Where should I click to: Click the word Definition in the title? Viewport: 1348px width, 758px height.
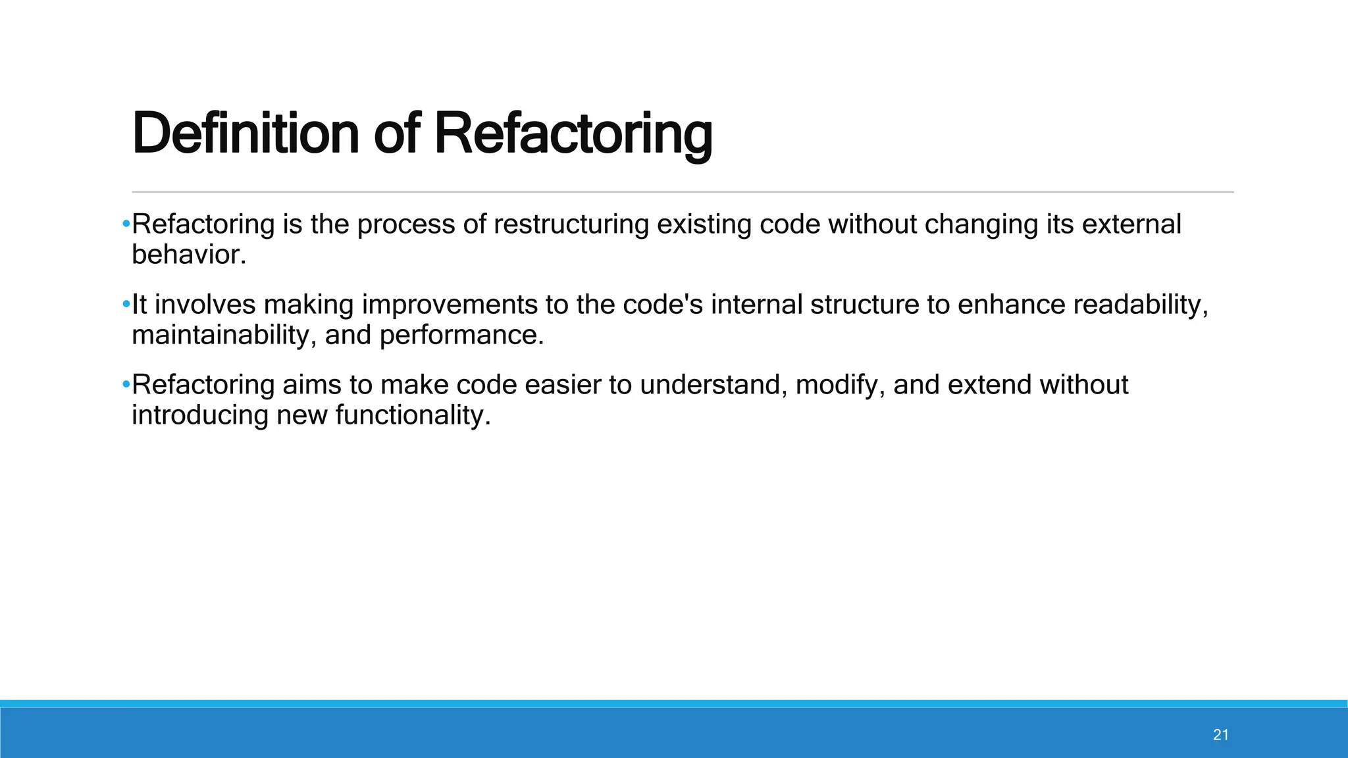pos(245,134)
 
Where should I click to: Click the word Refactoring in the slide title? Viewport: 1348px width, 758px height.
pos(573,134)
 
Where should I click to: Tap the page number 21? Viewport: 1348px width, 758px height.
pos(1221,735)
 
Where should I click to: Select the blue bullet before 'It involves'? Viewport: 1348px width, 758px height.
pos(126,305)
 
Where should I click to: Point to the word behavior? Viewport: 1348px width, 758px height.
pos(188,255)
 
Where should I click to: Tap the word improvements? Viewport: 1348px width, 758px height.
pos(450,305)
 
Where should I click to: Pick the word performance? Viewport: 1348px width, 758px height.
pos(461,336)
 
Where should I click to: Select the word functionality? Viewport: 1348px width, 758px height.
pos(413,416)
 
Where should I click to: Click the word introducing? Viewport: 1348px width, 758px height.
pos(199,416)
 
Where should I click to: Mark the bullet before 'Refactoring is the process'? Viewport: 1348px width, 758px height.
pos(126,224)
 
